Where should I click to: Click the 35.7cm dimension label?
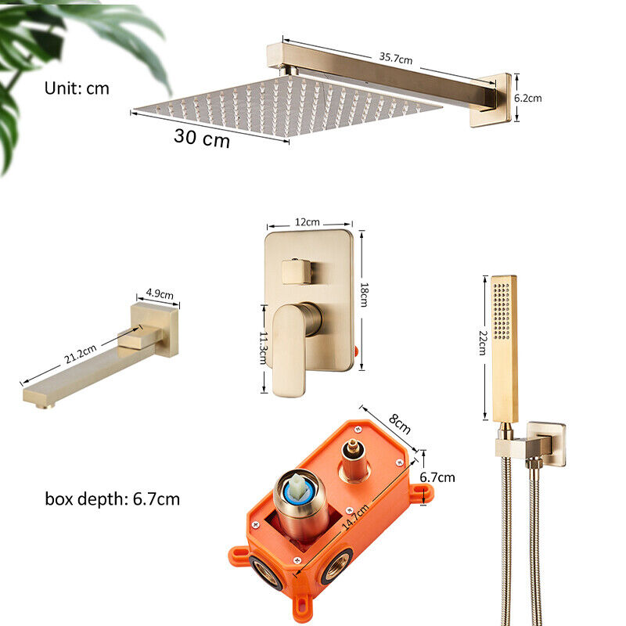[x=396, y=58]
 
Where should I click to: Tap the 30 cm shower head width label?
[x=202, y=139]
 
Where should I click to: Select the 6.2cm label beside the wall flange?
[x=527, y=98]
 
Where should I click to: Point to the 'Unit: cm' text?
[x=77, y=88]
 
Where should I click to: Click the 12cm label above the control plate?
[x=307, y=222]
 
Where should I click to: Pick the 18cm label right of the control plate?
[x=364, y=295]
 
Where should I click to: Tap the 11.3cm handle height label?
[x=263, y=347]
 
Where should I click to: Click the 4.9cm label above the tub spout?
[x=160, y=293]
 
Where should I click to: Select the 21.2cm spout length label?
[x=81, y=354]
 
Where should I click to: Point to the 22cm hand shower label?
[x=482, y=343]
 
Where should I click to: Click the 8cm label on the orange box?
[x=400, y=424]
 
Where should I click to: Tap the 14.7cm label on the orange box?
[x=355, y=517]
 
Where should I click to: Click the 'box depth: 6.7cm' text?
[x=112, y=499]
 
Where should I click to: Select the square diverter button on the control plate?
[x=297, y=272]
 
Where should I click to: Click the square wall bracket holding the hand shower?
[x=545, y=444]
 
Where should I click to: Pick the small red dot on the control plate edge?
[x=355, y=351]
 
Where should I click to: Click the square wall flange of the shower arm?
[x=491, y=100]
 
